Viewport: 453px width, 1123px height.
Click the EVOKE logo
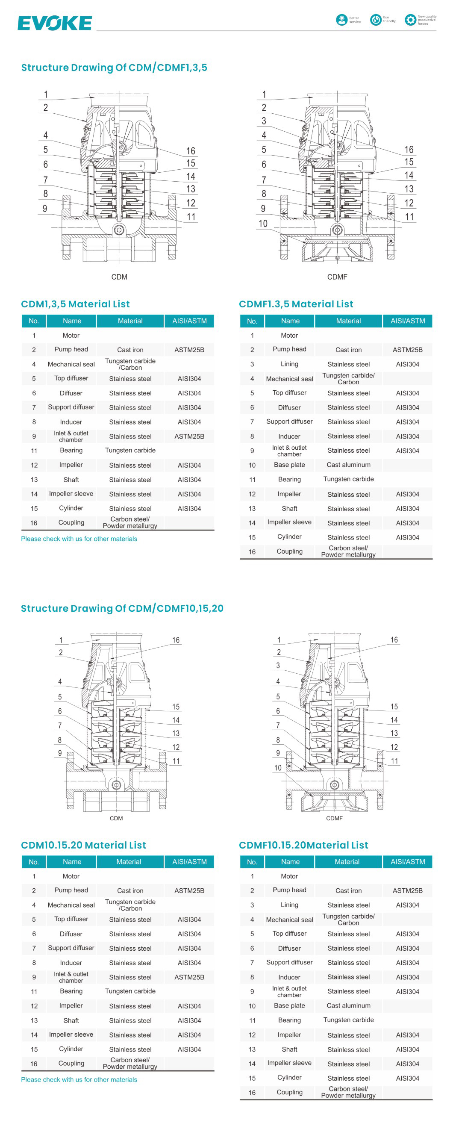click(x=55, y=23)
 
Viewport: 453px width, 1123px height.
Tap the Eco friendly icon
click(x=375, y=20)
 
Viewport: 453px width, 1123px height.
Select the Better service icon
click(x=341, y=20)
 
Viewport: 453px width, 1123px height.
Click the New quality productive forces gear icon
click(x=410, y=20)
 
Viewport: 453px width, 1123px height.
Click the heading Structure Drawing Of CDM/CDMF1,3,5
click(x=114, y=68)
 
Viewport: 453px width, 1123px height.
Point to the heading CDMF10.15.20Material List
click(x=303, y=845)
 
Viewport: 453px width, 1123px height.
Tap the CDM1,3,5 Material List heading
click(x=75, y=304)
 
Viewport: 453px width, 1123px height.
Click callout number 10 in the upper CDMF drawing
click(x=263, y=224)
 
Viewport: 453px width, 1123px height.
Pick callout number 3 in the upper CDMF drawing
click(x=264, y=121)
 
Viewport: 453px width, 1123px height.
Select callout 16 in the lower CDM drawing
click(x=176, y=640)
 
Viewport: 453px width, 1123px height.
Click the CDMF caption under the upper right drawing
click(x=337, y=277)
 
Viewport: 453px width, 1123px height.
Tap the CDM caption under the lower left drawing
click(x=116, y=818)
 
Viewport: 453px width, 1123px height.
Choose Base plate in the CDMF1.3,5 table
click(x=289, y=465)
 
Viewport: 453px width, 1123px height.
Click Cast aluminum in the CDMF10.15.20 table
click(x=348, y=1005)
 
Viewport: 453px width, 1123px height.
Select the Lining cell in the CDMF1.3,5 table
click(x=289, y=364)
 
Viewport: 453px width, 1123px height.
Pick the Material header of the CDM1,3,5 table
click(x=130, y=321)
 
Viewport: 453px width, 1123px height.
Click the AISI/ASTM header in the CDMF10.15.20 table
click(x=407, y=861)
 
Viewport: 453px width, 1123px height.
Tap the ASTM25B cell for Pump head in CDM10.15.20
click(x=189, y=890)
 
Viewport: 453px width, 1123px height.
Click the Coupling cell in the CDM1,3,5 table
click(x=71, y=522)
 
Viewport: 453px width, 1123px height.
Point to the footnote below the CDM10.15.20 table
click(x=79, y=1079)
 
